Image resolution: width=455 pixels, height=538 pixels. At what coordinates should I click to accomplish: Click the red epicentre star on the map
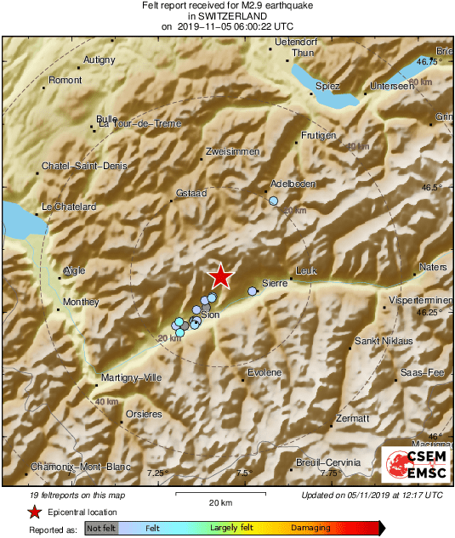[221, 275]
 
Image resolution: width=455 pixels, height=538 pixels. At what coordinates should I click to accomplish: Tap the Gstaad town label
[191, 194]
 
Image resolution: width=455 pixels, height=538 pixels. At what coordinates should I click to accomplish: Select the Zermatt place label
[351, 418]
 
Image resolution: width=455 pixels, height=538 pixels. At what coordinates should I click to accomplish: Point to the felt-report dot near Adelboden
[273, 201]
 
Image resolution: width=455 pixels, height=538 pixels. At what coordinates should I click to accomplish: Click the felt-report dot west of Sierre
[252, 292]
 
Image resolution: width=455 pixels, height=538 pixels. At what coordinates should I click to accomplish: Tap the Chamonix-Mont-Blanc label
[66, 467]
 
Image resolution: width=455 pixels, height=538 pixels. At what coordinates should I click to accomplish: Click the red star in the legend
[34, 512]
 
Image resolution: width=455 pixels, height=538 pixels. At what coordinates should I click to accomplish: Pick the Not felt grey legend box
[101, 528]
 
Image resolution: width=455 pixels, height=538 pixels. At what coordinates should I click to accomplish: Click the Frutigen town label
[319, 136]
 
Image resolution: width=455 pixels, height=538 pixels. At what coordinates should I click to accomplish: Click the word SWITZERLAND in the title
[227, 15]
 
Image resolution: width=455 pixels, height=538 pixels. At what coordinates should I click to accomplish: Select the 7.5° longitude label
[244, 472]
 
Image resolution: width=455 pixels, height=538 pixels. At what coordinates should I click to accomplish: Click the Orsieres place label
[144, 414]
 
